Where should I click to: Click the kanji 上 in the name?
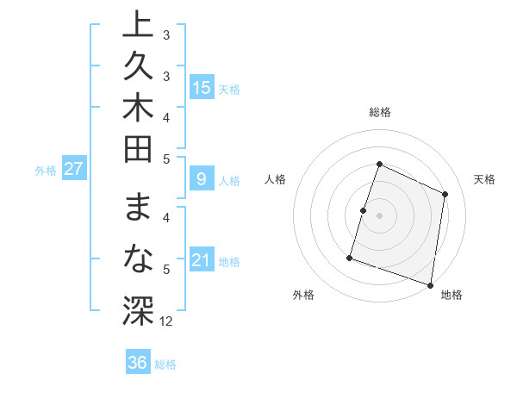(137, 24)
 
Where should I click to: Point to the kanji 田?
(137, 155)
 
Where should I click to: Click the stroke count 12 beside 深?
(166, 321)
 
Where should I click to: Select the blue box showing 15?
(202, 87)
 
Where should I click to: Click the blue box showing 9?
(202, 180)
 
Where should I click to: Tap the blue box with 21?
(202, 261)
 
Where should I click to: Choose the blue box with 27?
(74, 169)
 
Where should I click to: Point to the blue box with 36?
(138, 363)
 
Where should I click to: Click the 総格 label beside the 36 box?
(165, 364)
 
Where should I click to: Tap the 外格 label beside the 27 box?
(46, 171)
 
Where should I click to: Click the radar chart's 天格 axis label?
(484, 179)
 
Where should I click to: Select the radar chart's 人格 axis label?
(275, 179)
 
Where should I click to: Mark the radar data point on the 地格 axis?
(430, 283)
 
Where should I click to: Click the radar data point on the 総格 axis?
(379, 164)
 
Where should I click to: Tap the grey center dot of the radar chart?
(379, 215)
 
